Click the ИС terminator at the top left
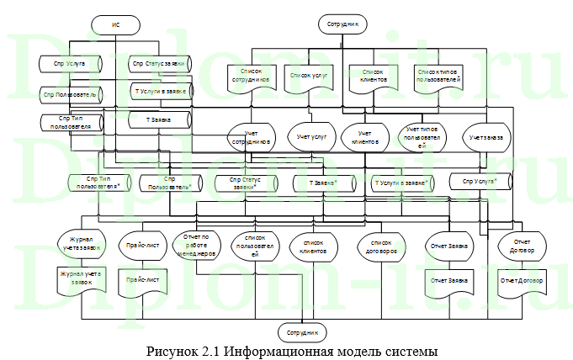click(116, 26)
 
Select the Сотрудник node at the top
click(343, 24)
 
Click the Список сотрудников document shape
click(250, 77)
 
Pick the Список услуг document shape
click(308, 76)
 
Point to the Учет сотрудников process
click(251, 138)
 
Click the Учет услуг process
click(310, 136)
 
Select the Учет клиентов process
click(364, 138)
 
